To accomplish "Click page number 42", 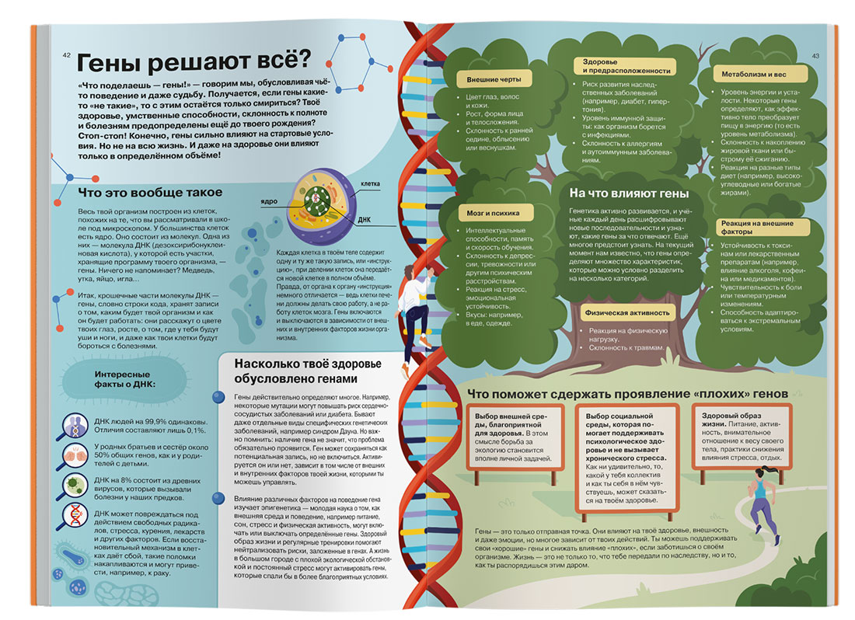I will (66, 54).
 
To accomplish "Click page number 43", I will (815, 55).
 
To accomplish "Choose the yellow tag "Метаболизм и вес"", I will (744, 75).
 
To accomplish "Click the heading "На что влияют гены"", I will (630, 193).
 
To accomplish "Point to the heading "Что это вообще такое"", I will (151, 192).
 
